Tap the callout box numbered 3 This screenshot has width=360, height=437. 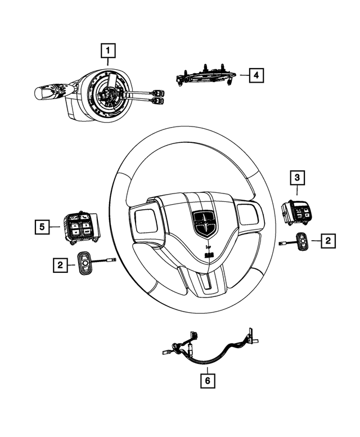coord(298,178)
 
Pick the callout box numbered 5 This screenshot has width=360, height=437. coord(41,227)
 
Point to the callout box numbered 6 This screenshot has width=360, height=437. coord(208,381)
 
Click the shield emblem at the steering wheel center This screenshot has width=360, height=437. coord(203,223)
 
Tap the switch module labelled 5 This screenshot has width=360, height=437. coord(79,227)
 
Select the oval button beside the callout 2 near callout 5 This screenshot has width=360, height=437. coord(85,263)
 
